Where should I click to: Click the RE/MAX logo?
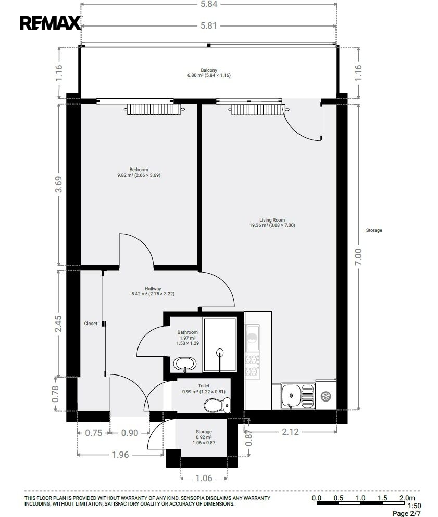pyautogui.click(x=50, y=23)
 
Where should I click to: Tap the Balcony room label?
pyautogui.click(x=209, y=70)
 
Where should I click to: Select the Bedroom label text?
pyautogui.click(x=139, y=170)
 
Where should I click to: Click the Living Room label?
pyautogui.click(x=272, y=220)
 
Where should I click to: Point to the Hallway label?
pyautogui.click(x=153, y=289)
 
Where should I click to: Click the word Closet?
pyautogui.click(x=91, y=324)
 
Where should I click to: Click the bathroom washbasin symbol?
pyautogui.click(x=185, y=364)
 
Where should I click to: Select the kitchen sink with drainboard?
pyautogui.click(x=298, y=396)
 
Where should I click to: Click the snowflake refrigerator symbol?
pyautogui.click(x=326, y=396)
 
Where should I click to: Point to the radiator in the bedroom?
pyautogui.click(x=154, y=109)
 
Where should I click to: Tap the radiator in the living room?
pyautogui.click(x=258, y=110)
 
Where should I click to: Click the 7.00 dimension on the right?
pyautogui.click(x=358, y=256)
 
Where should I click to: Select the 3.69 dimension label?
pyautogui.click(x=58, y=185)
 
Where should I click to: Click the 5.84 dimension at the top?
pyautogui.click(x=209, y=4)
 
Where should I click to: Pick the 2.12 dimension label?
pyautogui.click(x=290, y=432)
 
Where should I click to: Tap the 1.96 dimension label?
pyautogui.click(x=120, y=455)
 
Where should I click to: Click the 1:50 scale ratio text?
pyautogui.click(x=415, y=506)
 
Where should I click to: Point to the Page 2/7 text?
pyautogui.click(x=407, y=513)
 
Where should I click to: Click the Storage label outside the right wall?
pyautogui.click(x=374, y=230)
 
